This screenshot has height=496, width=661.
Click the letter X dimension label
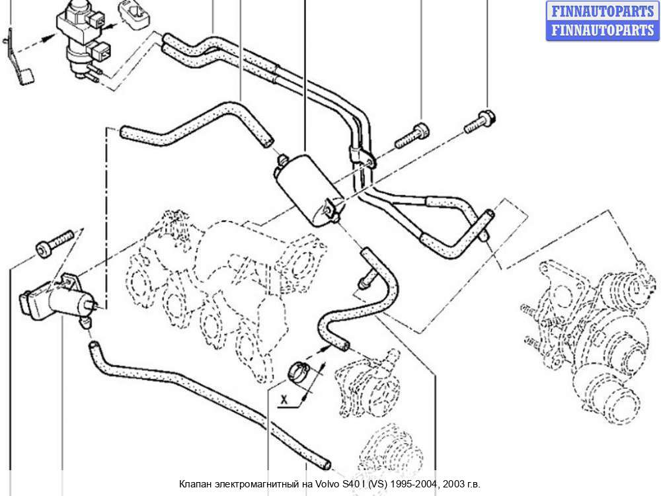[x=284, y=399]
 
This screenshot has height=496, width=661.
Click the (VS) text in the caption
[x=375, y=485]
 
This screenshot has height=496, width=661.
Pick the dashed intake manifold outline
[x=212, y=278]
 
